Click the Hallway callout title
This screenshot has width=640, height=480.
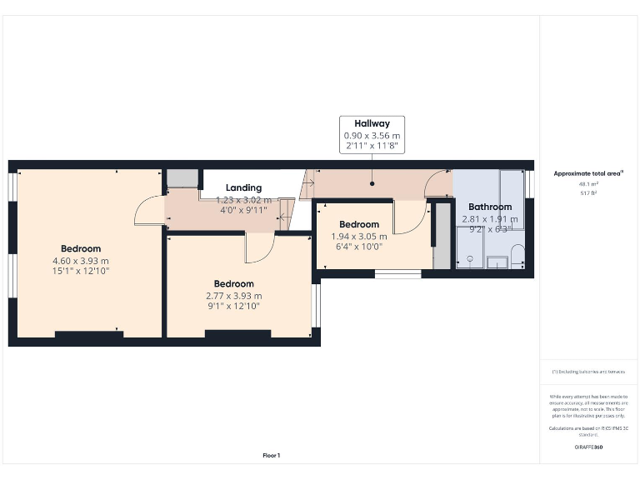[x=372, y=123]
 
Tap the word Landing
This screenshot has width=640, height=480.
[x=243, y=187]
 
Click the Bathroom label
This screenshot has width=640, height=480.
[x=489, y=207]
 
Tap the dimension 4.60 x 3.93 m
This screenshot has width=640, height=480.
[x=81, y=260]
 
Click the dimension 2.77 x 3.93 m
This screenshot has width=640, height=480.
[x=234, y=296]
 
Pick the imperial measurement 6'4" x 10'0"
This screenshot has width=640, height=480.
[x=359, y=247]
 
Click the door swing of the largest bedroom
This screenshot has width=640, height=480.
[x=148, y=212]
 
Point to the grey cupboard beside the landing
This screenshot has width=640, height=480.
[x=182, y=178]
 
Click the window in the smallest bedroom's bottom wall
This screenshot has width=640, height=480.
[x=397, y=273]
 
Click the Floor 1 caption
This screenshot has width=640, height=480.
[x=272, y=455]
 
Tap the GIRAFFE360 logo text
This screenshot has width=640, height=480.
[x=588, y=447]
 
